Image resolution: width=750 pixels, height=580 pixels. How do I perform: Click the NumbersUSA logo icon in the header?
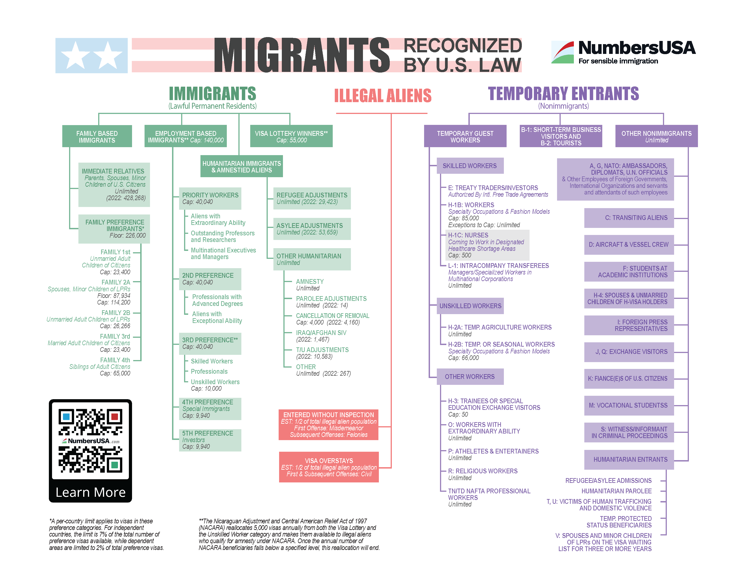pyautogui.click(x=562, y=52)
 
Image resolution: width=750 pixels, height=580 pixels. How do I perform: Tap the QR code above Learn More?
pyautogui.click(x=90, y=441)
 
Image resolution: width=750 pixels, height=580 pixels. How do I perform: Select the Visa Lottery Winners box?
pyautogui.click(x=291, y=136)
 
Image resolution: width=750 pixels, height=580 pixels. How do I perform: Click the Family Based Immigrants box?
pyautogui.click(x=97, y=136)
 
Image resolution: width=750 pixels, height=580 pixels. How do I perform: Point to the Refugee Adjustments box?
pyautogui.click(x=312, y=198)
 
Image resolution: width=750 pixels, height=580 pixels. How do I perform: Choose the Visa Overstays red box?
pyautogui.click(x=329, y=467)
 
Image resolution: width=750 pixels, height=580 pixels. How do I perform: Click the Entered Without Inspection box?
pyautogui.click(x=328, y=425)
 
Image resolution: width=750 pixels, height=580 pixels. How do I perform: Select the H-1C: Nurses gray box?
pyautogui.click(x=487, y=245)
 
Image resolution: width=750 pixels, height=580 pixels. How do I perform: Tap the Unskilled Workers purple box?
pyautogui.click(x=470, y=306)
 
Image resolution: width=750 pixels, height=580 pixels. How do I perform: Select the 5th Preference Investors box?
pyautogui.click(x=210, y=440)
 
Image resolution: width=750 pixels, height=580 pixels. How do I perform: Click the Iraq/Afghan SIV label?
pyautogui.click(x=321, y=333)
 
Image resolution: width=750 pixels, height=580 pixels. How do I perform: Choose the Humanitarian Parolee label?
pyautogui.click(x=616, y=491)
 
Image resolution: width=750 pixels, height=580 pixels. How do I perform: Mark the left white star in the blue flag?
pyautogui.click(x=75, y=55)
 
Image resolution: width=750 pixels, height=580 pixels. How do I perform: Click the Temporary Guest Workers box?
pyautogui.click(x=465, y=136)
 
